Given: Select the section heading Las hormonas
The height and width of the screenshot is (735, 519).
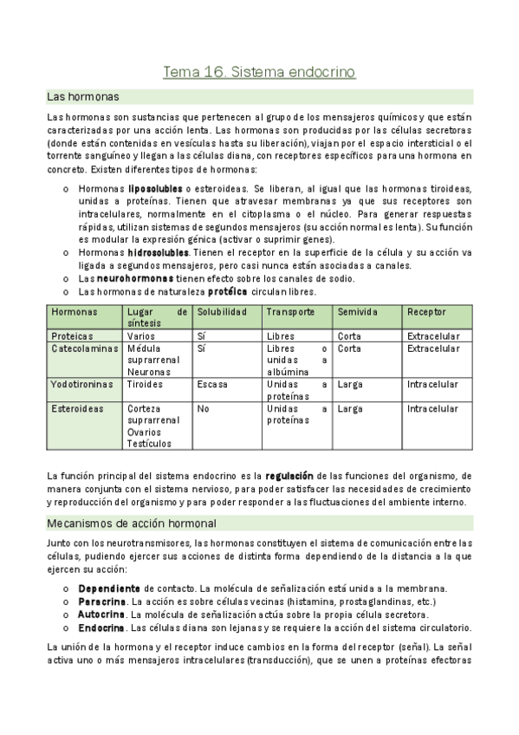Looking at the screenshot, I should coord(83,96).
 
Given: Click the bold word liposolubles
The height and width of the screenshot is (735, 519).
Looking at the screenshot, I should coord(155,188).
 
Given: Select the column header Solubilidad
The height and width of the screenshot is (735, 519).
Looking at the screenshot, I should coord(222,312).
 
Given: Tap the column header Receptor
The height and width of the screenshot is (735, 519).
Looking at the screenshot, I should coord(426,312).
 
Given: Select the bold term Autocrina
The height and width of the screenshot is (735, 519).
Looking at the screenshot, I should coord(101,614).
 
